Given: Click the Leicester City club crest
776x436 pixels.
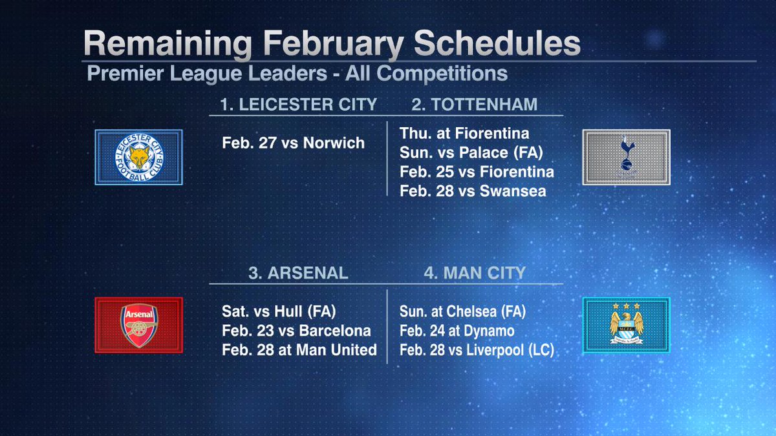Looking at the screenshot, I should point(139,157).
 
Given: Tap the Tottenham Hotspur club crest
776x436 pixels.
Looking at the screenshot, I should point(626,157).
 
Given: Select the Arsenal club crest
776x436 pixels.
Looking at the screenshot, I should point(139,325).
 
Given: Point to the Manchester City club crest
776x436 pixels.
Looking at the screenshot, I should point(626,325).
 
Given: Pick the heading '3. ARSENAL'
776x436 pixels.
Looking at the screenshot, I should point(298,273).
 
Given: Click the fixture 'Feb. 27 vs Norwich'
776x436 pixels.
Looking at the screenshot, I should point(293,143).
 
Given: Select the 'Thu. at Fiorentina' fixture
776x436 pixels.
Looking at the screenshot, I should point(464,134).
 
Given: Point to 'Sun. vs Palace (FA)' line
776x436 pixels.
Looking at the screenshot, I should point(470,153).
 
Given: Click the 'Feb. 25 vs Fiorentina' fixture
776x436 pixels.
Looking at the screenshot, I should point(477,172).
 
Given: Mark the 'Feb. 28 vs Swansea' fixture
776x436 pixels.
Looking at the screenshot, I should point(473,191).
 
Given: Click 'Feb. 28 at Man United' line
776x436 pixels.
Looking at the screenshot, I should point(299,350).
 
